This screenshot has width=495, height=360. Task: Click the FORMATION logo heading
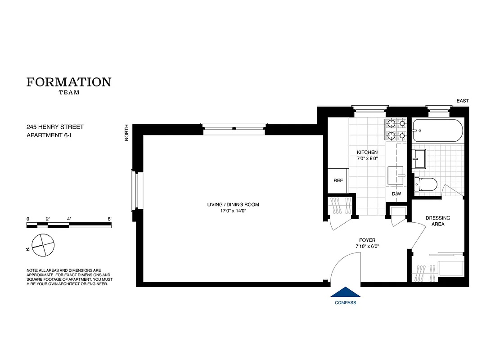69,82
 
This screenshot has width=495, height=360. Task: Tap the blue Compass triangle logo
345,292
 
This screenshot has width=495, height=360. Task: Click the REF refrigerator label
338,180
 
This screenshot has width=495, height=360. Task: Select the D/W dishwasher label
396,194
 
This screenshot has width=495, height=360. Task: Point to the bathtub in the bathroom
436,130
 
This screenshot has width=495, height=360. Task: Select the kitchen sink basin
396,174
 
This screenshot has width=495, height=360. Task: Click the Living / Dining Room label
233,205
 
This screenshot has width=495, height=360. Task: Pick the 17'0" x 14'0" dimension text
233,211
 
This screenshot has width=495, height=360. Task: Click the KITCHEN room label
367,152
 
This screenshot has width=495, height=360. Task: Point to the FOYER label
367,240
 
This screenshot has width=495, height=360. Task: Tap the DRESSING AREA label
437,221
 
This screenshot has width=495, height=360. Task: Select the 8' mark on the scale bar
109,219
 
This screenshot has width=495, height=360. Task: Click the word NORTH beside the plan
127,133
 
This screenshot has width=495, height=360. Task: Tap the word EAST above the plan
463,101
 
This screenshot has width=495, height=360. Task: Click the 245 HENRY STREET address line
55,127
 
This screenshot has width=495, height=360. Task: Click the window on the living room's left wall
135,190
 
